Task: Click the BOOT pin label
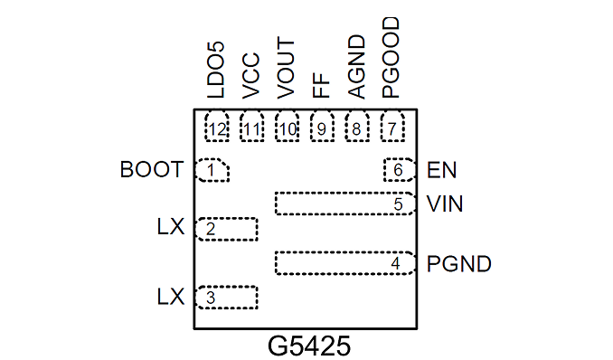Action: coord(152,170)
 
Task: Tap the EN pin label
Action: coord(442,170)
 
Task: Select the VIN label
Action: coord(445,204)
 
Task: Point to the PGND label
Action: coord(459,264)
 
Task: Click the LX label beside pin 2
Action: coord(171,227)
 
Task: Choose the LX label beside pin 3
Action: coord(171,297)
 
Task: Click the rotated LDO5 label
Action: coord(216,70)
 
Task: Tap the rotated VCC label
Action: coord(250,76)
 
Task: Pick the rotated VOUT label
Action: coord(286,68)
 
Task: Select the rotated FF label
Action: coord(321,85)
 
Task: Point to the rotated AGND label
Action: coord(356,67)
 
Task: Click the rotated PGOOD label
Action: coord(391,58)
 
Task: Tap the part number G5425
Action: coord(309,346)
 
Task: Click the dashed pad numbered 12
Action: coord(217,126)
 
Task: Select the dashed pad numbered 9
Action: coord(322,126)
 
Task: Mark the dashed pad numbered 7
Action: coord(392,126)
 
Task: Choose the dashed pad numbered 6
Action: coord(399,170)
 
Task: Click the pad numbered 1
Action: coord(212,170)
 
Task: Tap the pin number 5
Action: coord(399,204)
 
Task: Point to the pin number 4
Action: coord(396,264)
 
